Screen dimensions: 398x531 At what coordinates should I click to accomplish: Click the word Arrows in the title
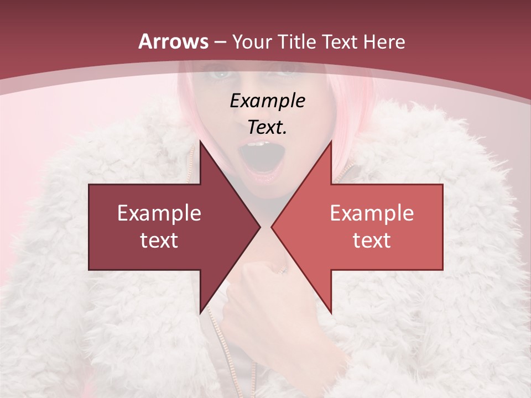[174, 41]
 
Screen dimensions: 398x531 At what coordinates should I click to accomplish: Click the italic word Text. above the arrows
[267, 128]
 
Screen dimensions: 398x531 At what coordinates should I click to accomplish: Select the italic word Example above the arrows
[267, 101]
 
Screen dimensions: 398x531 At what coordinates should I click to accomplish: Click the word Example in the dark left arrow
[159, 213]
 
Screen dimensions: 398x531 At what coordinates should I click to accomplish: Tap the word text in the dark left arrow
[159, 240]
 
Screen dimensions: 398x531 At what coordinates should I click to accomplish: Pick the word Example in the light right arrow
[372, 213]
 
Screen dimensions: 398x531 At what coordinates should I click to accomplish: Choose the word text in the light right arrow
[372, 240]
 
